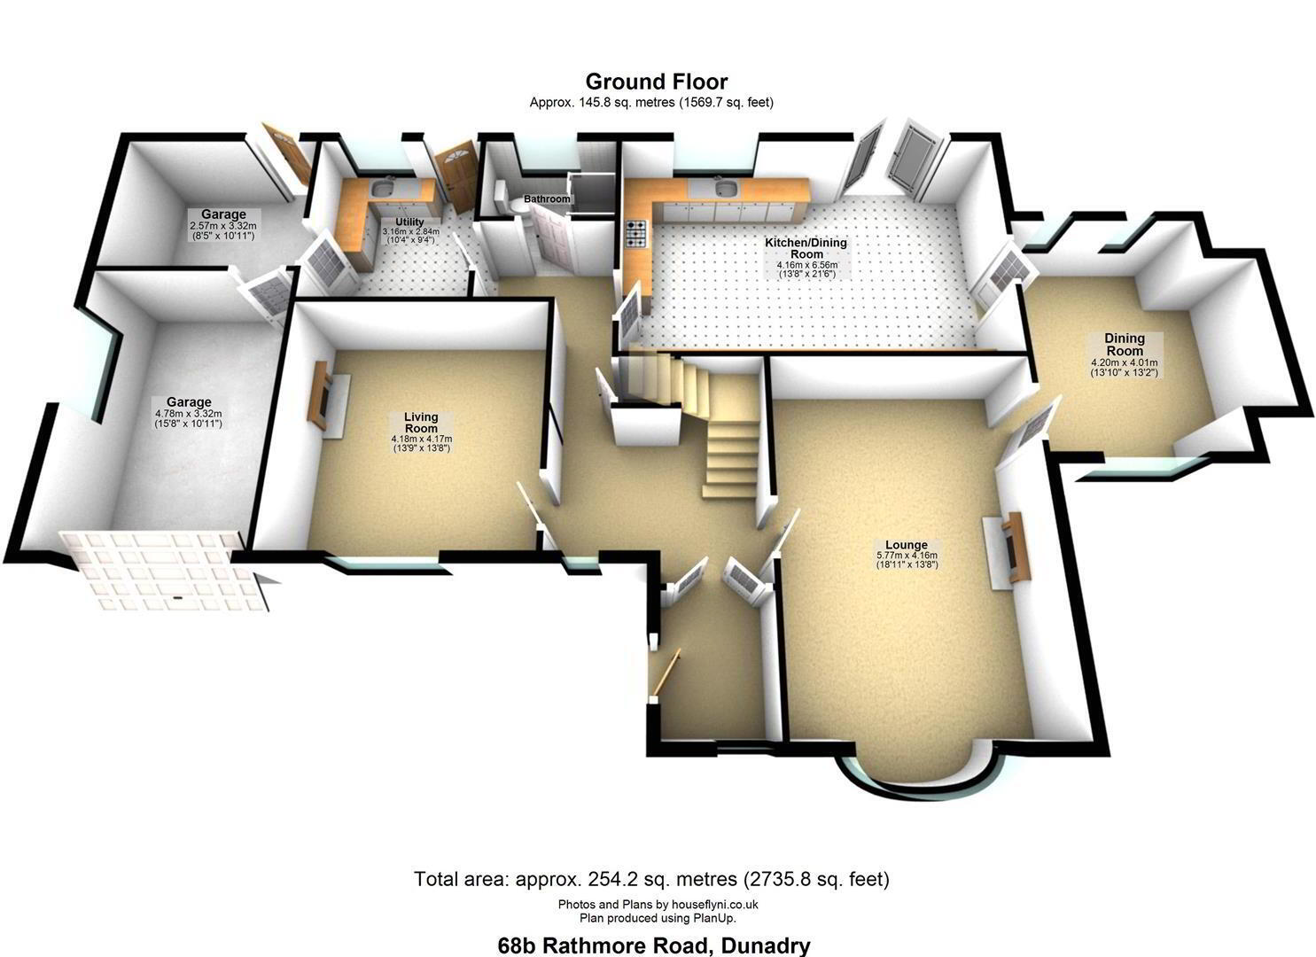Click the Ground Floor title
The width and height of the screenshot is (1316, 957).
(657, 81)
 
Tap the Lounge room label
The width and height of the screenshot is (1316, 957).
(907, 545)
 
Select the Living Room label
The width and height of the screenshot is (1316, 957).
(421, 423)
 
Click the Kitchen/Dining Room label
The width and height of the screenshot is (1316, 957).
(806, 248)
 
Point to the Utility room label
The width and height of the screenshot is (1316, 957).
(409, 222)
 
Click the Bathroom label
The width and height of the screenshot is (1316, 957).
(547, 199)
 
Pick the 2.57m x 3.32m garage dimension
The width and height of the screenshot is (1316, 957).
(222, 226)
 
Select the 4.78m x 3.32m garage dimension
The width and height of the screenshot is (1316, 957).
(189, 414)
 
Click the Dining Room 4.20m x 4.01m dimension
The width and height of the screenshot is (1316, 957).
(1125, 363)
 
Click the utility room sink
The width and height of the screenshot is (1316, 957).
(384, 189)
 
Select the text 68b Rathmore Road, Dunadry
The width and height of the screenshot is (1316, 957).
(654, 945)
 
